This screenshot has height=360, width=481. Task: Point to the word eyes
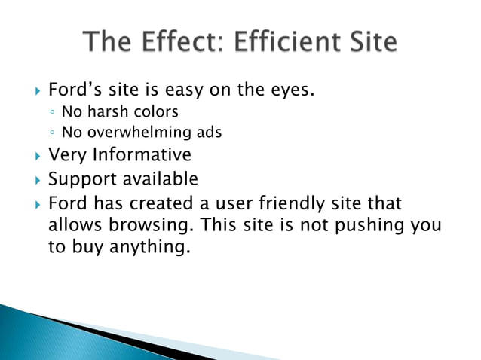[x=290, y=91]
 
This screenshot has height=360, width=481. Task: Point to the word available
[x=160, y=180]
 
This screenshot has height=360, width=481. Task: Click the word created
[x=164, y=203]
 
